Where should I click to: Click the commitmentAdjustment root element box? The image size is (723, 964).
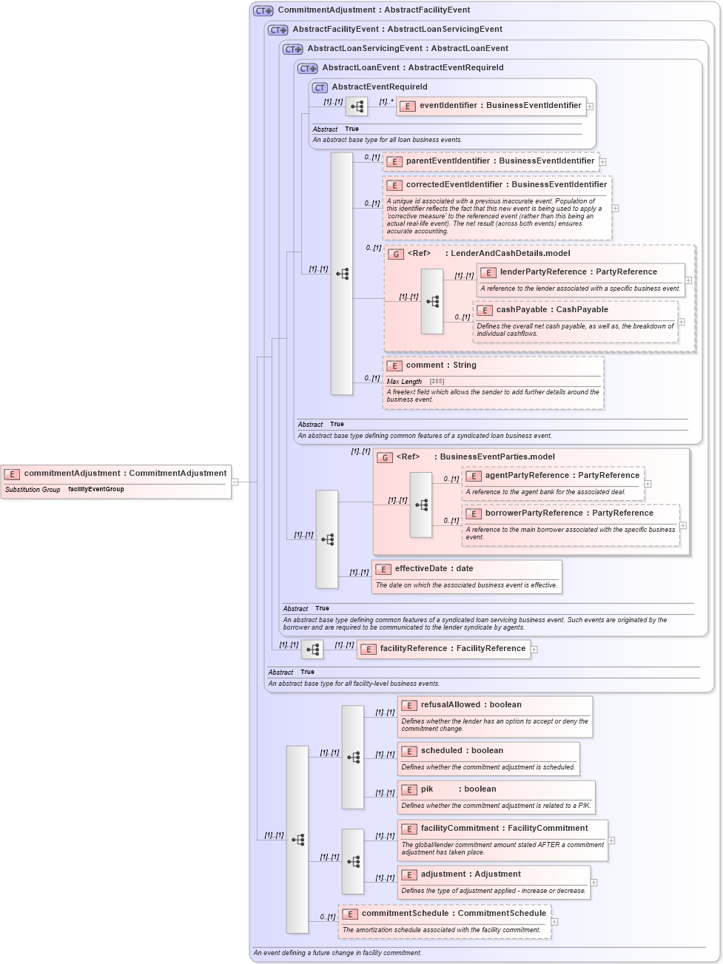pos(116,473)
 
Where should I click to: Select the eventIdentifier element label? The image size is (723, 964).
pos(500,106)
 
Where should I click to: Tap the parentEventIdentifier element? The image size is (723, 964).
pos(500,161)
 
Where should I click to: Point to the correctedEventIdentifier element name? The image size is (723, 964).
pos(505,185)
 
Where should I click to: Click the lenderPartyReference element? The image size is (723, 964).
pos(578,272)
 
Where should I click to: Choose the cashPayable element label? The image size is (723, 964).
pos(551,310)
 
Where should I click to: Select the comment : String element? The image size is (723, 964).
pos(440,365)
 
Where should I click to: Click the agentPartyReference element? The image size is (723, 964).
pos(562,476)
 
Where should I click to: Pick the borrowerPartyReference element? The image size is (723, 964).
pos(568,513)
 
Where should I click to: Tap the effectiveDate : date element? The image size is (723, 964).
pos(433,569)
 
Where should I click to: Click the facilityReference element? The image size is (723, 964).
pos(451,649)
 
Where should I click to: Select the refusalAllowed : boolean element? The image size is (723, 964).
pos(471,705)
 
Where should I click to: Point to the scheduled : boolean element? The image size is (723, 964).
pos(461,751)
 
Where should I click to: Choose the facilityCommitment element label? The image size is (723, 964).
pos(504,829)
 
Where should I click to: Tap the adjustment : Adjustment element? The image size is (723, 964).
pos(470,874)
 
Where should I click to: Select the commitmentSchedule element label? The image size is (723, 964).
pos(453,914)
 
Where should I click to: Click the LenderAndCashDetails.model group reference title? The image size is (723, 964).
pos(507,254)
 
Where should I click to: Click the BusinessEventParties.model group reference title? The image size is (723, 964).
pos(497,457)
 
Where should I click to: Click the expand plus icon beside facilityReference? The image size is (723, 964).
pos(534,650)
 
